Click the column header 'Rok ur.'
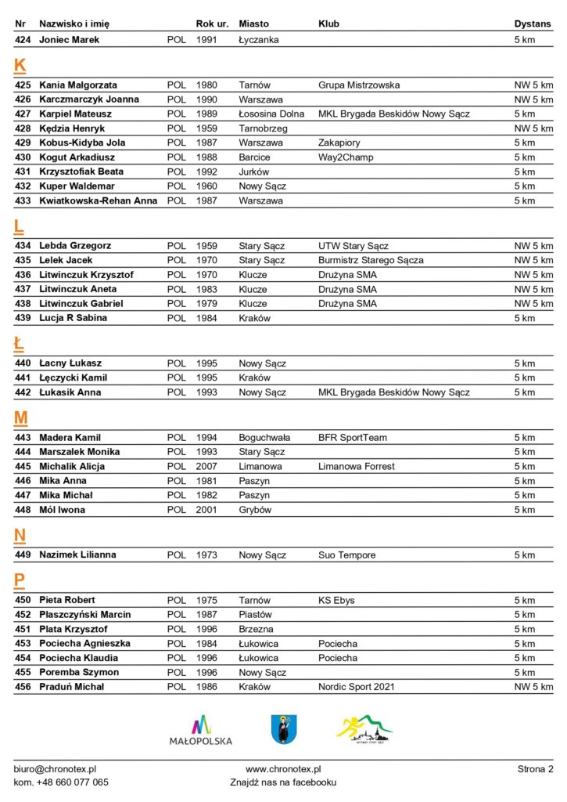coord(211,23)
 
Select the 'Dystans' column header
coord(533,23)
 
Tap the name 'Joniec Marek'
coord(70,39)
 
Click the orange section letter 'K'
coord(20,67)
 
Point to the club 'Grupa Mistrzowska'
coord(359,85)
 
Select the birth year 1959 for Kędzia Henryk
coord(206,128)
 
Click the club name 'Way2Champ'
coord(346,157)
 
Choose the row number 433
coord(23,200)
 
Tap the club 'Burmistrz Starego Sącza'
coord(371,260)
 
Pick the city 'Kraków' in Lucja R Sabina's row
coord(255,318)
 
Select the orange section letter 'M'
coord(21,419)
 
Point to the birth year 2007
coord(206,467)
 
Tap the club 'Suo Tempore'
coord(347,555)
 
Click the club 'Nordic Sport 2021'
coord(357,687)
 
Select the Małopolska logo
coord(201,730)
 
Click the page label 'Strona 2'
coord(535,770)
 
